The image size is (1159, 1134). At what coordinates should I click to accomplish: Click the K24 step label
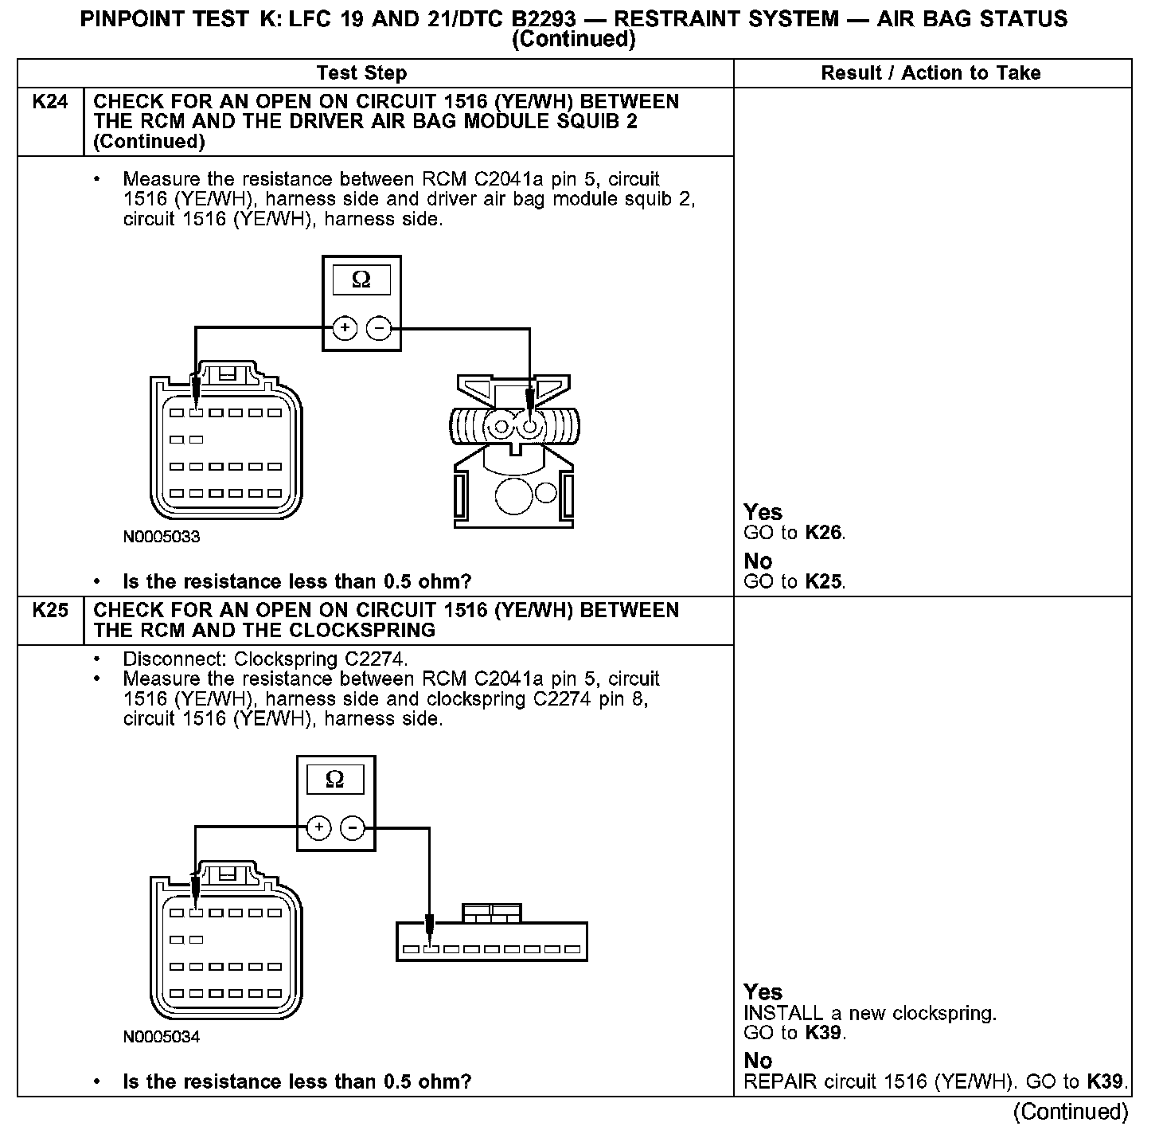pos(49,102)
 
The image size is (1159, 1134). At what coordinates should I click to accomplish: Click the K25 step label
pos(49,611)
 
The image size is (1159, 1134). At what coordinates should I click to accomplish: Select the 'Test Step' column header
pos(361,73)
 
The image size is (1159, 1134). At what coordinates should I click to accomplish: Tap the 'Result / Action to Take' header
pos(931,73)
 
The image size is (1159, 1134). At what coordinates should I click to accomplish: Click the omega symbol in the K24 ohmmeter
pos(361,280)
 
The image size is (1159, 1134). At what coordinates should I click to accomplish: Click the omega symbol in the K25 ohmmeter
pos(335,779)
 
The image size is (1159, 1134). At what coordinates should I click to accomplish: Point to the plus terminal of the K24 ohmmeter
pos(345,327)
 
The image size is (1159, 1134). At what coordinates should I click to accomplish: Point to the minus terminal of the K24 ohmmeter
pos(379,327)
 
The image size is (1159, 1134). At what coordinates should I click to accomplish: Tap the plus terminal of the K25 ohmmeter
pos(318,828)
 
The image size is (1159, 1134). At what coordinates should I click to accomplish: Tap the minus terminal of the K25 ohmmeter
pos(353,828)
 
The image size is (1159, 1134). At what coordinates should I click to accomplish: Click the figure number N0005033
pos(162,537)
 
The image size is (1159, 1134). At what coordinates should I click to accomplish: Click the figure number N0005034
pos(162,1037)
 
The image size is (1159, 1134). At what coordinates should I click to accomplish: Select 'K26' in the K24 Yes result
pos(824,533)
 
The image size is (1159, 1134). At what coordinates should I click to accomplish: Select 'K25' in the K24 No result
pos(824,582)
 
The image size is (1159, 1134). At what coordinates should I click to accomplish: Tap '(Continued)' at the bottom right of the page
pos(1071,1112)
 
